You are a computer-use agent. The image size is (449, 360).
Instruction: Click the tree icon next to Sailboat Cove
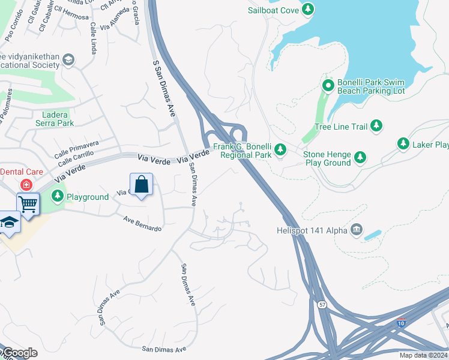click(308, 9)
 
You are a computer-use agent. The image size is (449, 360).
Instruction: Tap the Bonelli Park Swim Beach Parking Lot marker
click(328, 86)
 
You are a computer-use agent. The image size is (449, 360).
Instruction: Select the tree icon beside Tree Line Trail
click(376, 125)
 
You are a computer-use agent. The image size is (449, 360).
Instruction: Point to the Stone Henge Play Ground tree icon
click(360, 158)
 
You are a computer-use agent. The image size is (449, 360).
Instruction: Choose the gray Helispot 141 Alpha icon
click(357, 229)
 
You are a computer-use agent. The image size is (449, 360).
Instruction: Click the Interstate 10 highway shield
click(400, 323)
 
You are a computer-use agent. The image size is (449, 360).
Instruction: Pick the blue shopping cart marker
click(28, 204)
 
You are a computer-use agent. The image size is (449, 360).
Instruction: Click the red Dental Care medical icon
click(26, 184)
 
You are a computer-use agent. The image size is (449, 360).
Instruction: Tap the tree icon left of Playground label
click(58, 196)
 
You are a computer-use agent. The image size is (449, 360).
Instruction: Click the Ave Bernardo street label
click(143, 224)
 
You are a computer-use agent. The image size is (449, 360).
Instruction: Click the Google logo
click(19, 353)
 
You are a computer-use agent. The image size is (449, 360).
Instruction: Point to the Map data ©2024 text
click(423, 355)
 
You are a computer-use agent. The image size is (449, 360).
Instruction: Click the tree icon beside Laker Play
click(403, 144)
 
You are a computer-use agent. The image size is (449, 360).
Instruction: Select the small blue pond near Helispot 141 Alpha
click(372, 234)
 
